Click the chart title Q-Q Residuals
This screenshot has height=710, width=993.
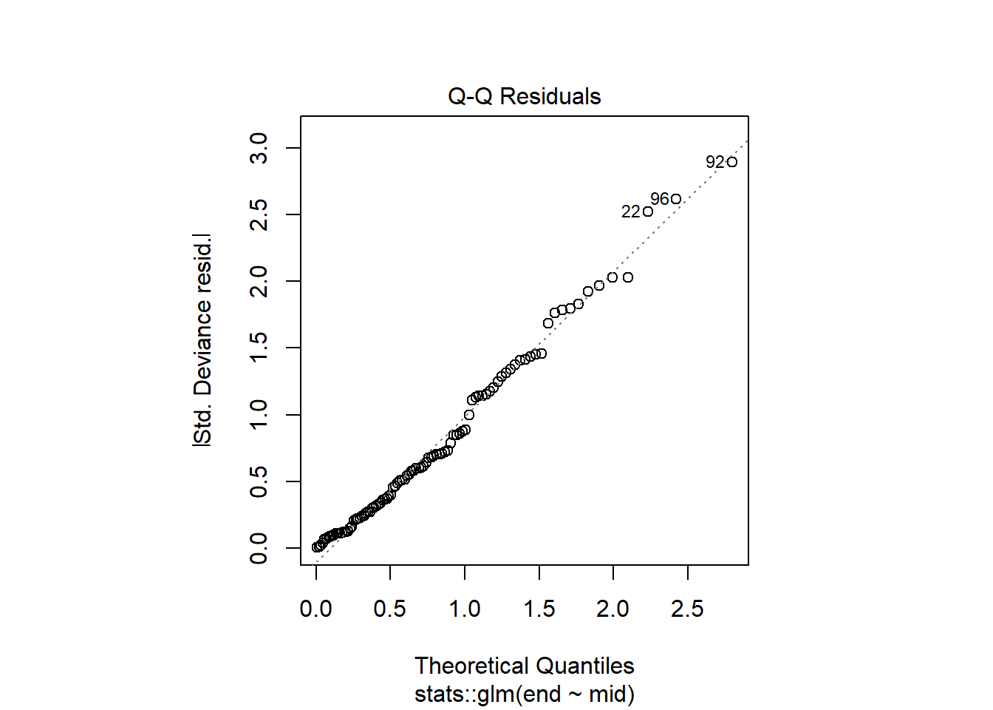pos(524,96)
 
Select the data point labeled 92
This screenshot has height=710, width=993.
pos(731,162)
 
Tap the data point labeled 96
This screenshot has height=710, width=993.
pos(675,199)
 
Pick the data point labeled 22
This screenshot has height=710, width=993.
pos(648,212)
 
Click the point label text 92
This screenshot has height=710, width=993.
pos(714,162)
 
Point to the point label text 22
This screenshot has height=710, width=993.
pos(630,212)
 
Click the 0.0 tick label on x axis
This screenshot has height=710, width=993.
pos(315,609)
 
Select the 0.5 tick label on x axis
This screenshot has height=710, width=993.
pos(389,609)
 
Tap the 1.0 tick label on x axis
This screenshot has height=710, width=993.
pos(464,609)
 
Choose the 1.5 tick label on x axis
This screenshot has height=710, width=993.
pos(539,609)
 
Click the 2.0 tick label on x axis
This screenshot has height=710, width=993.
pos(612,609)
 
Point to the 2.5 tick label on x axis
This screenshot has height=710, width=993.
pos(687,609)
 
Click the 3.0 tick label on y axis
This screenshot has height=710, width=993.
pos(259,148)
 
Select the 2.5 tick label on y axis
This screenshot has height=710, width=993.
pos(259,214)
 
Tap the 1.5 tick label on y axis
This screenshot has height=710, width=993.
pos(259,348)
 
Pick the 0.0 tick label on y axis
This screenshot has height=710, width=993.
pos(259,548)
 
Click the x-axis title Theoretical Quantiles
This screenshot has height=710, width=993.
pos(524,666)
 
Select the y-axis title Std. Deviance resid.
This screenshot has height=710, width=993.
pos(202,340)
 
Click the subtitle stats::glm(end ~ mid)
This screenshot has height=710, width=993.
pos(524,694)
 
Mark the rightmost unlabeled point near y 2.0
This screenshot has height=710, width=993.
pos(628,277)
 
